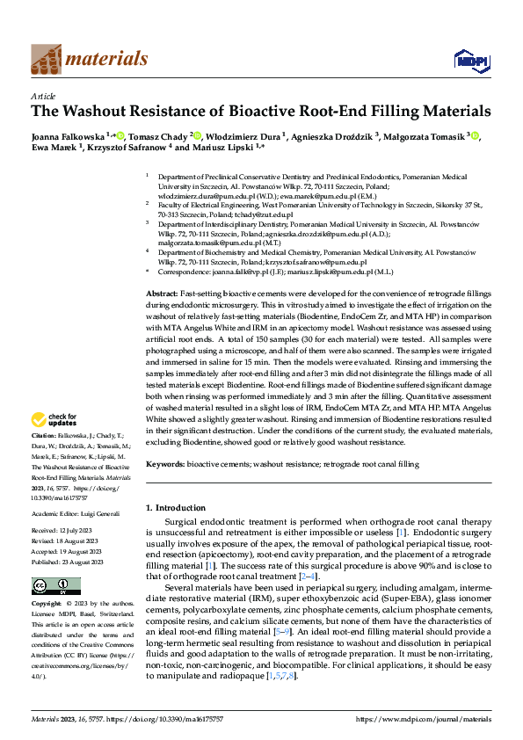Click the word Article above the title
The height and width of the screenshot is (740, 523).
pos(43,96)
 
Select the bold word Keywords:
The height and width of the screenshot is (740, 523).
pos(164,461)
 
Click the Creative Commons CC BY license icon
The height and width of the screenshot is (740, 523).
pos(56,585)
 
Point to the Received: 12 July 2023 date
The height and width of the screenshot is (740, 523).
pos(62,532)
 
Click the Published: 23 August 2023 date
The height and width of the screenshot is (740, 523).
pos(67,562)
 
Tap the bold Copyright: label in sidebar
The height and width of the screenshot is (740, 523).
pos(47,604)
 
